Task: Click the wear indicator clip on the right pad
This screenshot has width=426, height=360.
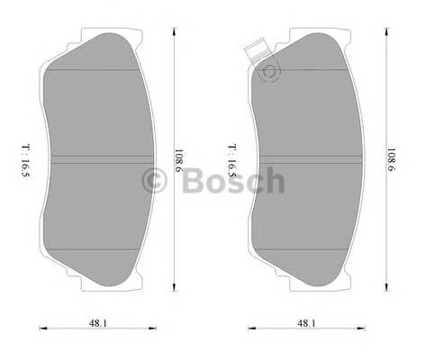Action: click(x=257, y=51)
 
